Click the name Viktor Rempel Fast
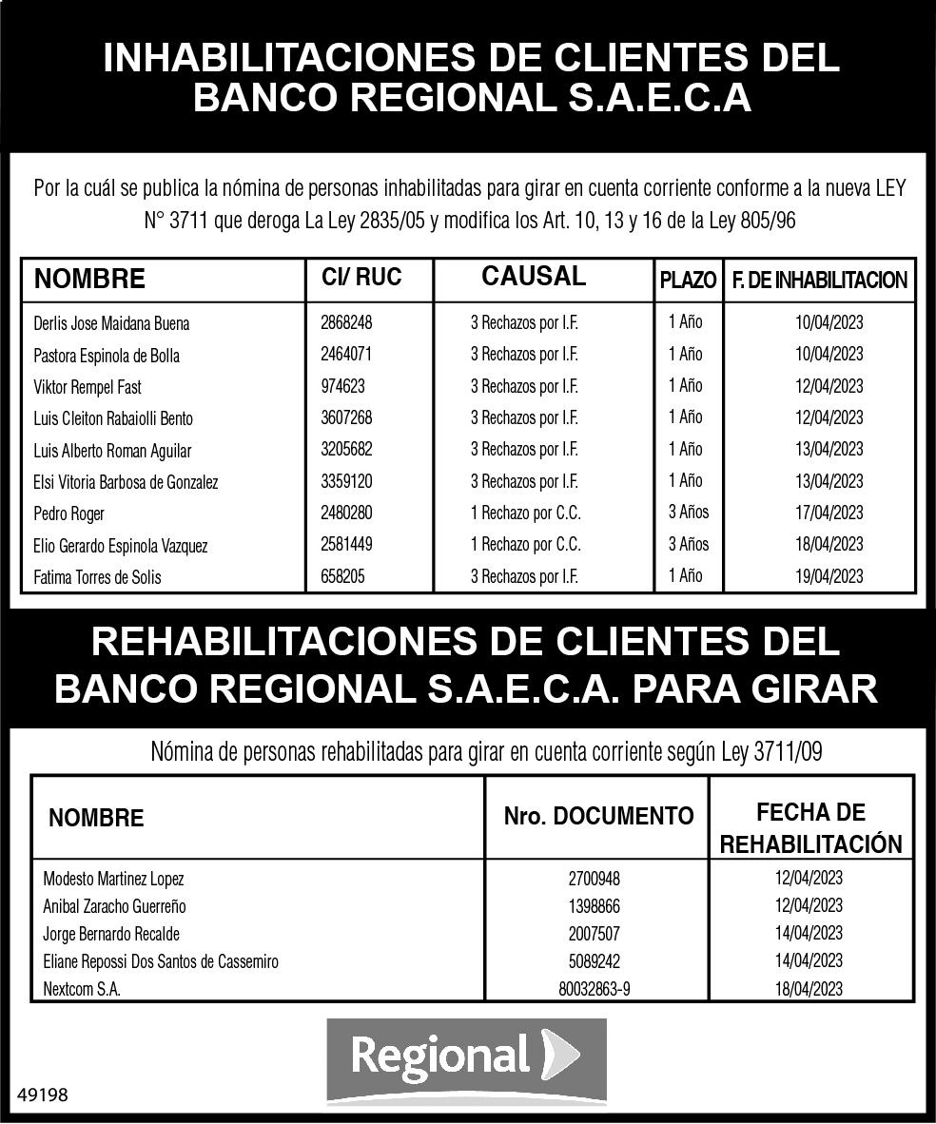tap(88, 387)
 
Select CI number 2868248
tap(346, 323)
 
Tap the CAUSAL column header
tap(534, 277)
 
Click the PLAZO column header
tap(688, 281)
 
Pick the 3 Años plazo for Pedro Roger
tap(688, 513)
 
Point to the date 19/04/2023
tap(829, 576)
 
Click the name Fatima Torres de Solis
tap(97, 577)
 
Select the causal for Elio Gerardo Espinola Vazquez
tap(525, 545)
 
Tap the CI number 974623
tap(342, 387)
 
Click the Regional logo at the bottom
tap(466, 1058)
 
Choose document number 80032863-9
tap(595, 989)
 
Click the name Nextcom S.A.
tap(82, 989)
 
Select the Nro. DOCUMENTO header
tap(598, 816)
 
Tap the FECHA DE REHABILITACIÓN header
tap(810, 828)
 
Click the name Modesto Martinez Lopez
tap(113, 880)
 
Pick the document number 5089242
tap(595, 961)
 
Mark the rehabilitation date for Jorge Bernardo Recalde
tap(809, 934)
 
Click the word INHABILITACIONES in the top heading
tap(285, 59)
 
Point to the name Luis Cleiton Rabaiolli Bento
tap(113, 418)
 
